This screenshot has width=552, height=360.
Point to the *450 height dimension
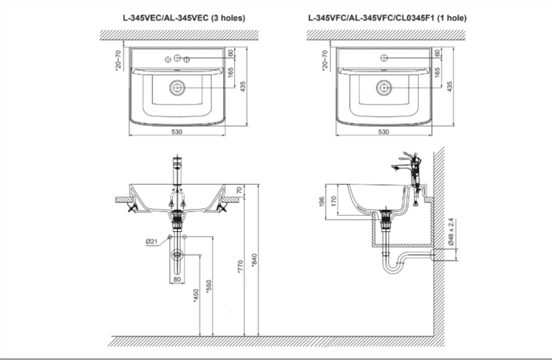tap(195, 294)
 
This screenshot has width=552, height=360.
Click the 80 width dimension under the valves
tap(177, 279)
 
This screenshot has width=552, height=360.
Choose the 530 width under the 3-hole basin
tap(177, 132)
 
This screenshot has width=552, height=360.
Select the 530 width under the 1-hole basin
tap(383, 132)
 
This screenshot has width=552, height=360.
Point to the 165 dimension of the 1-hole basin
tap(436, 73)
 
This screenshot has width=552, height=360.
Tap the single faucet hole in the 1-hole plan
tap(383, 57)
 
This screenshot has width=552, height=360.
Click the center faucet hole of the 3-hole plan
tap(177, 57)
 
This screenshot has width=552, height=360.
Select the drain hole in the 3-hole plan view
tap(177, 88)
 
